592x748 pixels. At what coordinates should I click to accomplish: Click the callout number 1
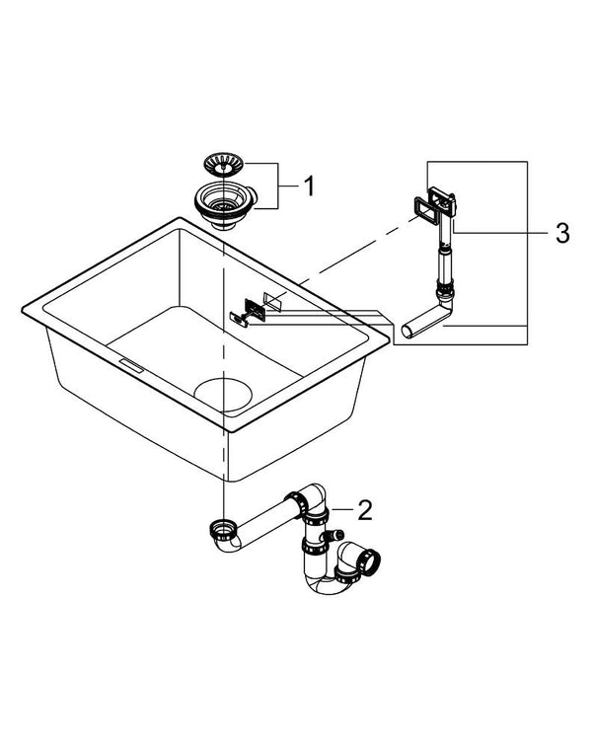pos(308,186)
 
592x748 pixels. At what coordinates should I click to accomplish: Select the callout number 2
pos(364,510)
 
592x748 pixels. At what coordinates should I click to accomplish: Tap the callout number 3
pos(561,233)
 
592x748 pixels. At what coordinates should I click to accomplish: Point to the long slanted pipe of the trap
pos(267,523)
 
